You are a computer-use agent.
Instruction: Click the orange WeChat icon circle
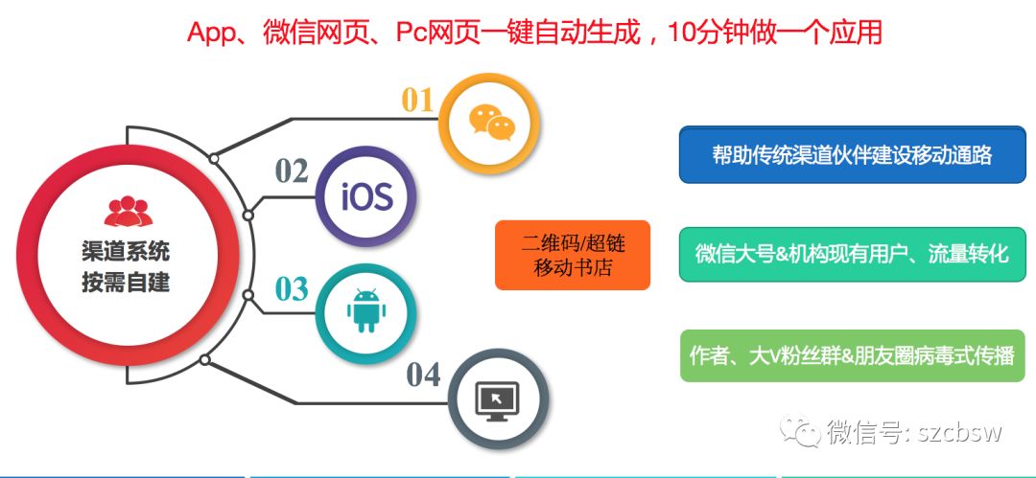pyautogui.click(x=490, y=123)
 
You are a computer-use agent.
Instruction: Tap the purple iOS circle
pyautogui.click(x=366, y=196)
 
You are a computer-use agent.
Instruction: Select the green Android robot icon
pyautogui.click(x=366, y=310)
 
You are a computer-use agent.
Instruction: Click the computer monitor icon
pyautogui.click(x=499, y=400)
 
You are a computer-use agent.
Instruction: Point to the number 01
pyautogui.click(x=417, y=101)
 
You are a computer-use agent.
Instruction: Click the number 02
pyautogui.click(x=292, y=171)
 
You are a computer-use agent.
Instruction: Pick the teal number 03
pyautogui.click(x=292, y=289)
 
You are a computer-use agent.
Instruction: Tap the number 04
pyautogui.click(x=424, y=375)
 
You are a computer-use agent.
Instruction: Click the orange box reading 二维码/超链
pyautogui.click(x=573, y=255)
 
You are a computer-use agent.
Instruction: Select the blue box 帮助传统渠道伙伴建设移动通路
pyautogui.click(x=853, y=154)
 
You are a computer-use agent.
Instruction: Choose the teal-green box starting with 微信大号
pyautogui.click(x=853, y=254)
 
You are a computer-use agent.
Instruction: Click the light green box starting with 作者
pyautogui.click(x=853, y=355)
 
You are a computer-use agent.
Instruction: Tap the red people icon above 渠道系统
pyautogui.click(x=129, y=212)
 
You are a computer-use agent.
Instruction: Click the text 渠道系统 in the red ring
pyautogui.click(x=127, y=252)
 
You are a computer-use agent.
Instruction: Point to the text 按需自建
pyautogui.click(x=127, y=283)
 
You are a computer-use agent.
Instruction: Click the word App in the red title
pyautogui.click(x=211, y=33)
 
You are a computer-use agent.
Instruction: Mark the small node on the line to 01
pyautogui.click(x=213, y=158)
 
